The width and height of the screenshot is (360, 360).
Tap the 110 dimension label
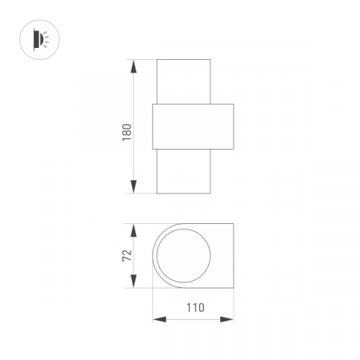[x=193, y=306]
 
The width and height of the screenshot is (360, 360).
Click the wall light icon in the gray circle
[x=38, y=38]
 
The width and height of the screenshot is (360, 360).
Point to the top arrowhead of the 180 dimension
[x=134, y=64]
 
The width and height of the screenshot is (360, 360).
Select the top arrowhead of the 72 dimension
[x=133, y=230]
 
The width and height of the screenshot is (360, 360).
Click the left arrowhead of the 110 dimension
[x=158, y=319]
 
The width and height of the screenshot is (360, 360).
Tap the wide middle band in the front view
[x=193, y=126]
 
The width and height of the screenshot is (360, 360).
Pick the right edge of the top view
[x=233, y=256]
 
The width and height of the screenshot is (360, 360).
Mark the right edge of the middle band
[x=233, y=126]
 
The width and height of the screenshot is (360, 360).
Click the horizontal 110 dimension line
[x=193, y=319]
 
